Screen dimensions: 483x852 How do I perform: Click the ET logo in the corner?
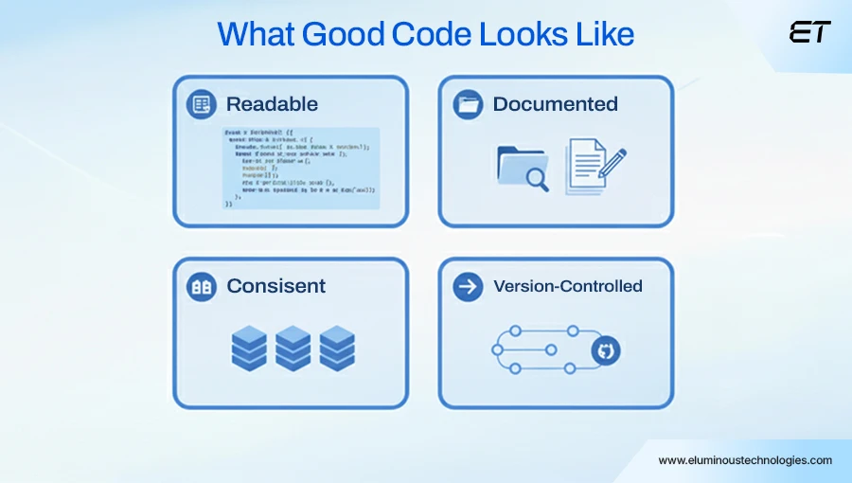(809, 32)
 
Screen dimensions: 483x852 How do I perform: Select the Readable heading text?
(272, 104)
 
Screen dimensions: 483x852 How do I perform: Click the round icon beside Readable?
(201, 104)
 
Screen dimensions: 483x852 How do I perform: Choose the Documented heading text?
(555, 104)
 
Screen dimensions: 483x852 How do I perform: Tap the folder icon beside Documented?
(468, 104)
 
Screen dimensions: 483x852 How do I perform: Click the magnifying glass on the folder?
(537, 177)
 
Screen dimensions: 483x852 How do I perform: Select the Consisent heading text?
(275, 286)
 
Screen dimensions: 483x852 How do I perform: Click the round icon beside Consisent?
(201, 286)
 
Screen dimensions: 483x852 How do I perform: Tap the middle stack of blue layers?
(293, 349)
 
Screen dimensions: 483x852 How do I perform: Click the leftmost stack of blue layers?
(249, 349)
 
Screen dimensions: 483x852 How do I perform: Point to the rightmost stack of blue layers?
(337, 349)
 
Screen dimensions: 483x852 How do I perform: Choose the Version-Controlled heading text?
(568, 286)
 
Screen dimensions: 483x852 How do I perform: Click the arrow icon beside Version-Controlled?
(468, 286)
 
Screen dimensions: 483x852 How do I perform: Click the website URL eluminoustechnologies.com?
(745, 460)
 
